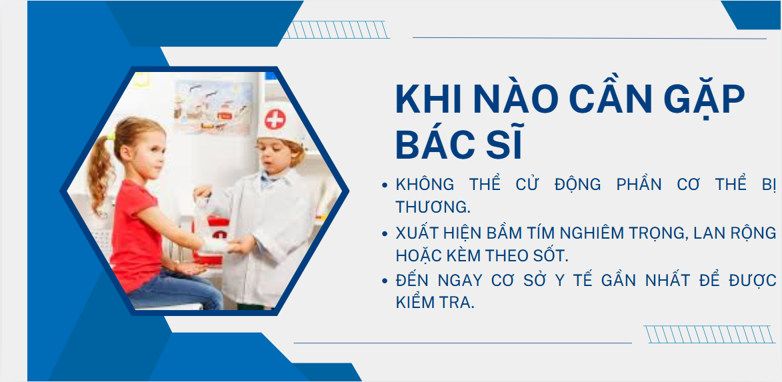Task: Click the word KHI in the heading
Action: click(424, 100)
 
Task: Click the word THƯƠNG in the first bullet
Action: click(431, 206)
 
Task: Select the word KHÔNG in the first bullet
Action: click(425, 185)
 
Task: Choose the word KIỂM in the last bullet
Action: click(417, 302)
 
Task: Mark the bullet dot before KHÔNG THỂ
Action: click(385, 185)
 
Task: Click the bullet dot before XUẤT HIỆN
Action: click(385, 234)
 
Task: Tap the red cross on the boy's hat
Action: click(275, 120)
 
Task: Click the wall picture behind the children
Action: click(213, 107)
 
